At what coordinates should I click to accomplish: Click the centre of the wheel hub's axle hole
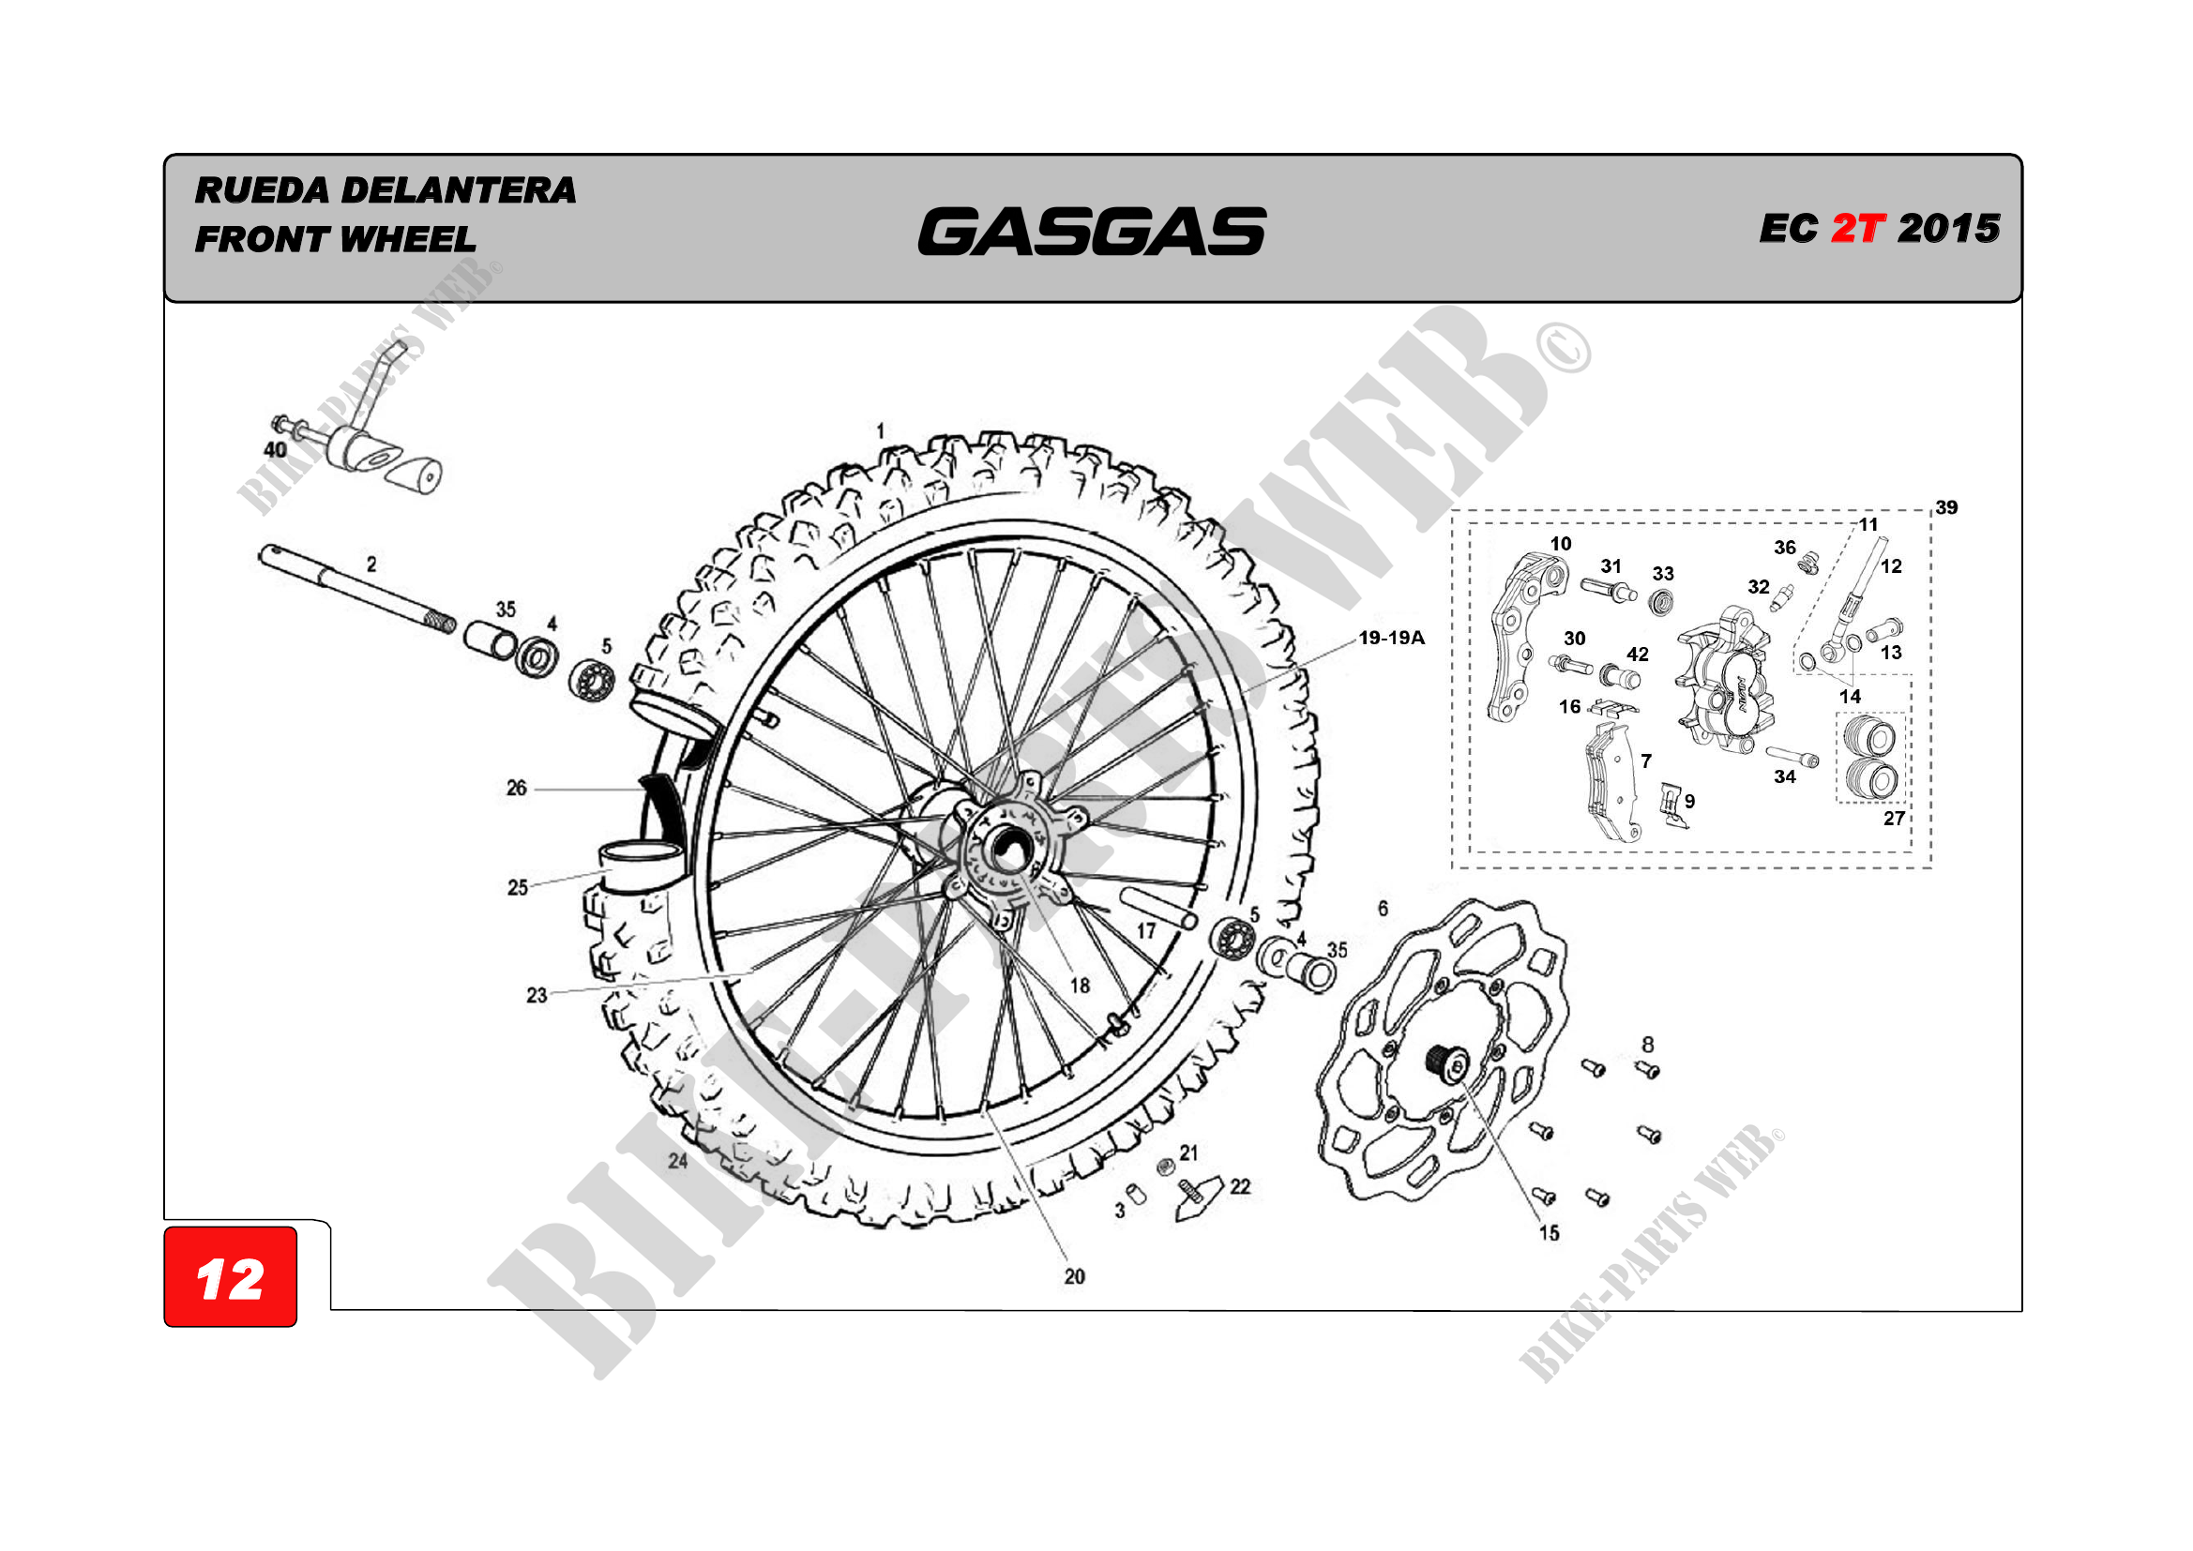coord(1006,849)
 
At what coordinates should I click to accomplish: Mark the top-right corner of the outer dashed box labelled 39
coord(1931,511)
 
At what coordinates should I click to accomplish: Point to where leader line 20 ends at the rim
coord(984,1109)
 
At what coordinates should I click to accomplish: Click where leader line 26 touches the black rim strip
coord(642,789)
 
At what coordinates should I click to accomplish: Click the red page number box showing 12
coord(230,1278)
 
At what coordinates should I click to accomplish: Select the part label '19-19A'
coord(1392,638)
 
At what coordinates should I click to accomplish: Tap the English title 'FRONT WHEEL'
coord(335,239)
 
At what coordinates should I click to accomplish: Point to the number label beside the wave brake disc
coord(1383,909)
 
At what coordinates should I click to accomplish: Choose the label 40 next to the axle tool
coord(274,450)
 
